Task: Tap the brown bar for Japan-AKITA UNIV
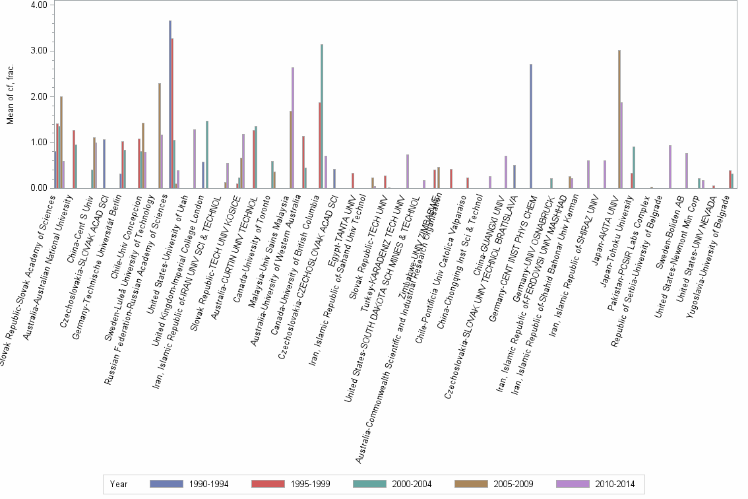pos(619,119)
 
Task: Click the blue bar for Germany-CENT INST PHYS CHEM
pos(530,126)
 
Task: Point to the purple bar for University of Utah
pos(195,158)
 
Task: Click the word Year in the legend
pos(119,484)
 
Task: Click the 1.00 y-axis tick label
pos(38,143)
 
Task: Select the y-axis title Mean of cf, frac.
pos(10,96)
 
